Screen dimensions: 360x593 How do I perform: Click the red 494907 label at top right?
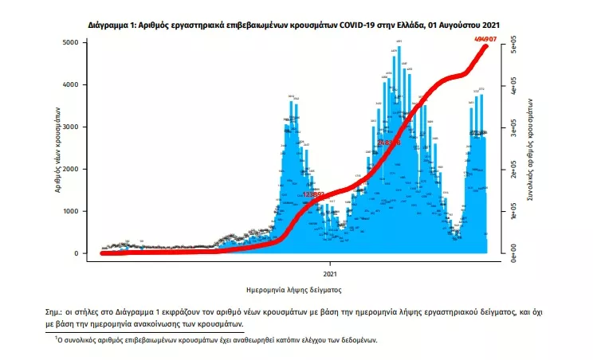[484, 37]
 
